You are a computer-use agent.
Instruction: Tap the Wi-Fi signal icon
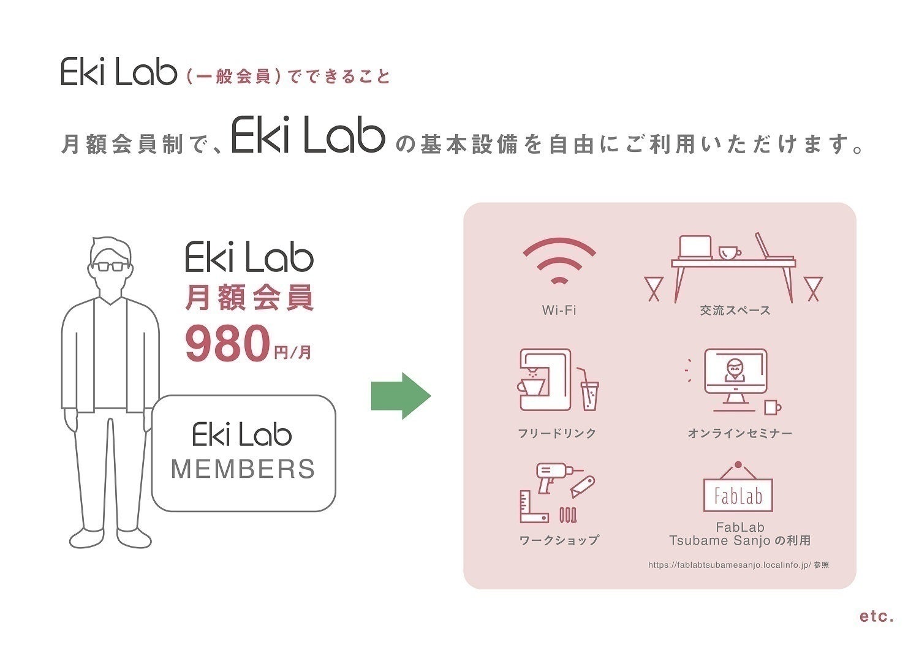click(559, 260)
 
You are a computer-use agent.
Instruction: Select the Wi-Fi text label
click(559, 310)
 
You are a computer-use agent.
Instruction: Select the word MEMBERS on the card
click(243, 469)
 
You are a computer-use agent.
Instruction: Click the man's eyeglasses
click(111, 266)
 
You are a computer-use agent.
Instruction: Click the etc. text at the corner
click(877, 616)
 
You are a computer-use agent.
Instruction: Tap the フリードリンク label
click(557, 433)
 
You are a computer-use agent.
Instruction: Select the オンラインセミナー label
click(739, 433)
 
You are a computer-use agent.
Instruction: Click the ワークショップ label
click(559, 540)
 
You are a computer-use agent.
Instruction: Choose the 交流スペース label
click(735, 311)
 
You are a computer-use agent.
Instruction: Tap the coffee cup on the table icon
click(729, 252)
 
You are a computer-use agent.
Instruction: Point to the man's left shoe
click(134, 537)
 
